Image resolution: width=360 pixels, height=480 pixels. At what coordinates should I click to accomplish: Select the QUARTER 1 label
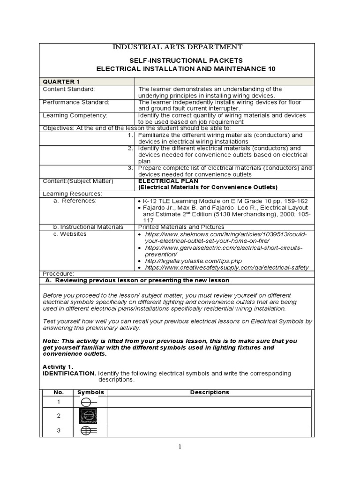(58, 82)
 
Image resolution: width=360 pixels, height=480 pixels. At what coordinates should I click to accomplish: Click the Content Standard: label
(68, 89)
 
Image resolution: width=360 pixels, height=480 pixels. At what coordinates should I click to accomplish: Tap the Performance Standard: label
(76, 102)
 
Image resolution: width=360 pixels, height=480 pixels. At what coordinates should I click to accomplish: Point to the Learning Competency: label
(75, 115)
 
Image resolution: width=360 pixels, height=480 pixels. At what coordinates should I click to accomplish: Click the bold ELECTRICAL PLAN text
(168, 181)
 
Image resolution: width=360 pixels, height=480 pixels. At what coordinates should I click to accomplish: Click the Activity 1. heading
(58, 367)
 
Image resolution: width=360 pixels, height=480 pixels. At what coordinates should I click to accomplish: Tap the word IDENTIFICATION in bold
(69, 373)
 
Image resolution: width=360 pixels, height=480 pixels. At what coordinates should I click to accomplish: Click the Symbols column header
(90, 392)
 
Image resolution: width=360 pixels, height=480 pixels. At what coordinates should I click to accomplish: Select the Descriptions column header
(210, 392)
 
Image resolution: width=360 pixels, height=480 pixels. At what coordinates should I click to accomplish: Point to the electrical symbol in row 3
(89, 431)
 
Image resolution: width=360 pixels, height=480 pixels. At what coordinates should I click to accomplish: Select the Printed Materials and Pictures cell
(180, 227)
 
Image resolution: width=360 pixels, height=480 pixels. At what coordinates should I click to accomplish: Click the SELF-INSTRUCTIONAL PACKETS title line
(186, 60)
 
